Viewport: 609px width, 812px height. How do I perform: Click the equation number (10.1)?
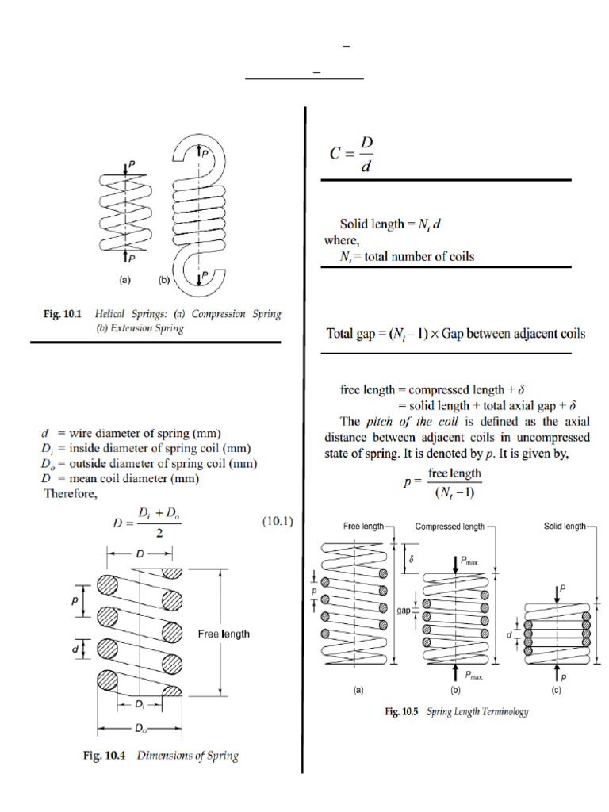click(278, 522)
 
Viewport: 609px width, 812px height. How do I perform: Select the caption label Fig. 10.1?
click(63, 314)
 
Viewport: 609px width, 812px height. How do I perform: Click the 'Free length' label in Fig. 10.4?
click(223, 634)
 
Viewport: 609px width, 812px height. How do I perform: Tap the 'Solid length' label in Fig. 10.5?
click(565, 526)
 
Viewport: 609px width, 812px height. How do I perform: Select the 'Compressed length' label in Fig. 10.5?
click(450, 526)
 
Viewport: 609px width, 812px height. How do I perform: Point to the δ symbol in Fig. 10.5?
click(410, 558)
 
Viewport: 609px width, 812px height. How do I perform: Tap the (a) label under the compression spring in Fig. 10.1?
click(124, 280)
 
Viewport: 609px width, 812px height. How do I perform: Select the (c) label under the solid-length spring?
click(557, 690)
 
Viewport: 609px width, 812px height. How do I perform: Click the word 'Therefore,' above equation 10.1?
click(70, 493)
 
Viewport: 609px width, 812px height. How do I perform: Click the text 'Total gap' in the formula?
click(352, 334)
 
